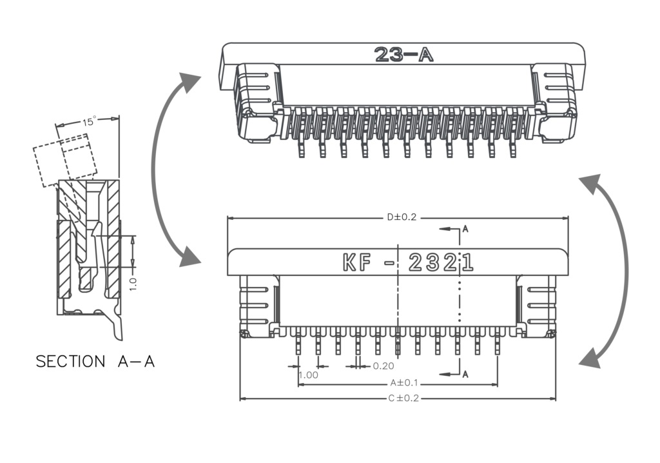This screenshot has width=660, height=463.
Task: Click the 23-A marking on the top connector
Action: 403,55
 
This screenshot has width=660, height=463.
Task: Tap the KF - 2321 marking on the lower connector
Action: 407,262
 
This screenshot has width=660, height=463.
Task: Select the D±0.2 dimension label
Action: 402,217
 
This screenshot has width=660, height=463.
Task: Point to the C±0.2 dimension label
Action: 403,399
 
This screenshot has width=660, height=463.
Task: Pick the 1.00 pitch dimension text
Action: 309,375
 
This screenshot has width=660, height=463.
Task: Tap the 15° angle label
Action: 89,121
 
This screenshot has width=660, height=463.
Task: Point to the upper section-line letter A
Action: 465,228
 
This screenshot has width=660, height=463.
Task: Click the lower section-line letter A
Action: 465,374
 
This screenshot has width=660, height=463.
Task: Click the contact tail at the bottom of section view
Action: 116,329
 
